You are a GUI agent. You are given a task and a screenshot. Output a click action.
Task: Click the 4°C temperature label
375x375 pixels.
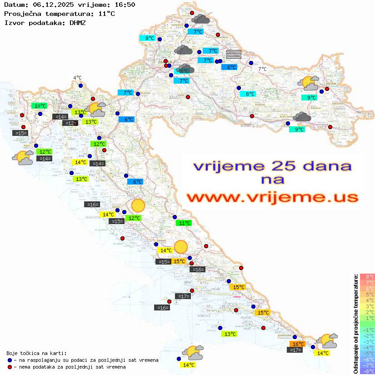77,78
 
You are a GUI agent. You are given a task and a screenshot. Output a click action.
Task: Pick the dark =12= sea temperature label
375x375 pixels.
70,123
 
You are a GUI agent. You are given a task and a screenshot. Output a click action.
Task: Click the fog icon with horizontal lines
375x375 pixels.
234,54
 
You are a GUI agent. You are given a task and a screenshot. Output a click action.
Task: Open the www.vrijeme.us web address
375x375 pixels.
272,197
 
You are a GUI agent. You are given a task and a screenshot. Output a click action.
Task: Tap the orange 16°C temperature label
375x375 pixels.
298,344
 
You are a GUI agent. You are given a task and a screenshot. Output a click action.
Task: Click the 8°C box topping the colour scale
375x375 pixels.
367,276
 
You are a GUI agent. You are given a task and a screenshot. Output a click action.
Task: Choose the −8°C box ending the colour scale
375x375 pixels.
367,371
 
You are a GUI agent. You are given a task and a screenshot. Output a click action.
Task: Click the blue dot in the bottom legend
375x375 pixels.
10,360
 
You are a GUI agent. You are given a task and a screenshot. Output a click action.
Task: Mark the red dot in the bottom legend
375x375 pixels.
10,367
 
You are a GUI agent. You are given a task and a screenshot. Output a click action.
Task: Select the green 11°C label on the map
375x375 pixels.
184,223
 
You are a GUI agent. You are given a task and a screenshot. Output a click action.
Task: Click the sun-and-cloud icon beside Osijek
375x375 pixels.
308,84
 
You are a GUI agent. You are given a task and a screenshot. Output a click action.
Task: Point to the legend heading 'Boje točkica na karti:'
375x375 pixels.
36,353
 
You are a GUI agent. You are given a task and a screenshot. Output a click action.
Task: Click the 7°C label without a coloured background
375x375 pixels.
262,70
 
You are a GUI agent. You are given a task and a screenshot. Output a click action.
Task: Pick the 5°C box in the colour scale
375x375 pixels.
367,294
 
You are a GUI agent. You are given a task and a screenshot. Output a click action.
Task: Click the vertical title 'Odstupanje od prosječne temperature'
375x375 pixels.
355,323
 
